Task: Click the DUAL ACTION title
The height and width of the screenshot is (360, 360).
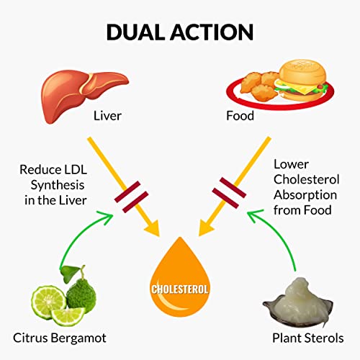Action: click(179, 32)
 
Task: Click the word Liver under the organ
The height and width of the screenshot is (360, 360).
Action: click(109, 115)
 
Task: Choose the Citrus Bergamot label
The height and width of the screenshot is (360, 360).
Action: click(58, 337)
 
